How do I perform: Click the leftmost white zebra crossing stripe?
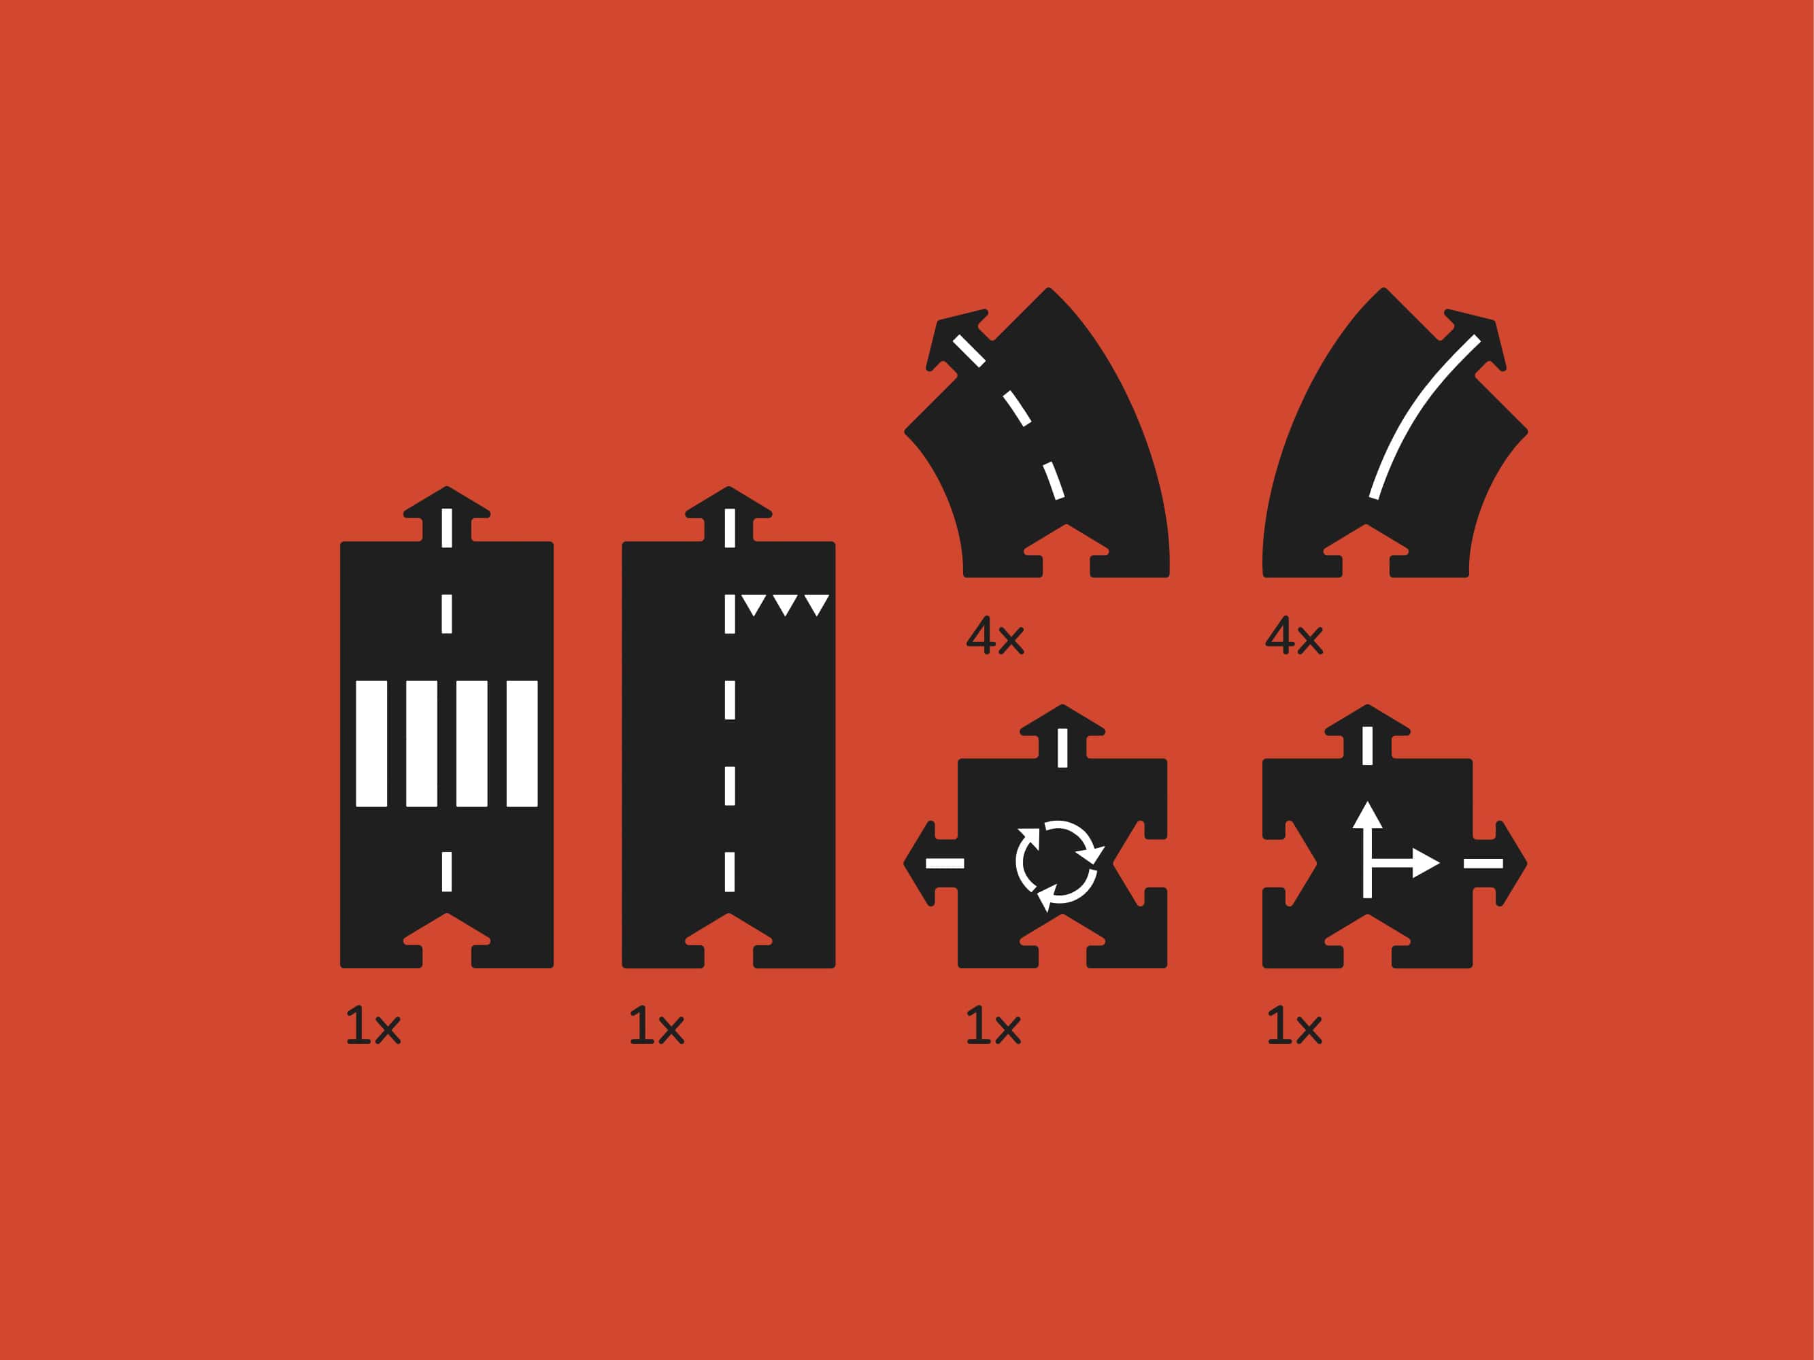point(371,743)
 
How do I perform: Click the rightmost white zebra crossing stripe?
point(522,743)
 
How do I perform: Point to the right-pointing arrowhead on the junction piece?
point(1426,863)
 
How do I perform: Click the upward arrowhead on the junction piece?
point(1367,813)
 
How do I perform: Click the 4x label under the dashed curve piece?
point(996,635)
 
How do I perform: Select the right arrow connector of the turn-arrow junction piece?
point(1500,863)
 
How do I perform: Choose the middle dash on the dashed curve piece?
point(1016,408)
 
